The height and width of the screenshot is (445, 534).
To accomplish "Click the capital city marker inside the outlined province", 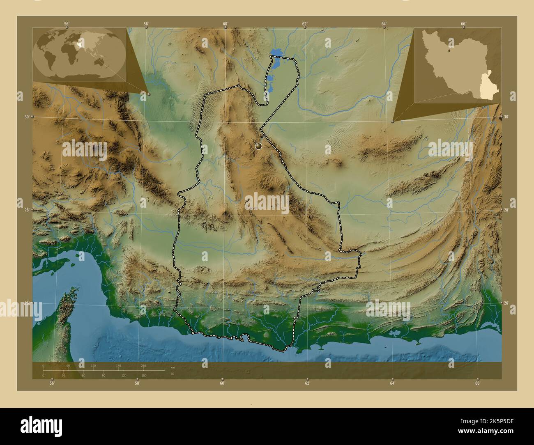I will [x=259, y=146].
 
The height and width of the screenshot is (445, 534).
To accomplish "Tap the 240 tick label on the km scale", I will [x=143, y=365].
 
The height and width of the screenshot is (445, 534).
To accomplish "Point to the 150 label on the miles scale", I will [x=144, y=376].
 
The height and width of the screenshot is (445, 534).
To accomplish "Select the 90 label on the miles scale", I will [x=104, y=376].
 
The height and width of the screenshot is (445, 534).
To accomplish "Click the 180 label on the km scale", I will [x=118, y=365].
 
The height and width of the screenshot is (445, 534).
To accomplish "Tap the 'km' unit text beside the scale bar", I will [x=167, y=367].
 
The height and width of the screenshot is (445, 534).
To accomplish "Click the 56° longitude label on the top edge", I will [x=66, y=24].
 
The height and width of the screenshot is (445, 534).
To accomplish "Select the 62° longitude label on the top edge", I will [x=305, y=24].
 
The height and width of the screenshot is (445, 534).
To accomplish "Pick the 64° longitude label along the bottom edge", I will [x=393, y=383].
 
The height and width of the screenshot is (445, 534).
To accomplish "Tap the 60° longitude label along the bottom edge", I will [x=222, y=383].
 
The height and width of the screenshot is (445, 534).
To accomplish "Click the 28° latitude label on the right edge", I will [x=506, y=210].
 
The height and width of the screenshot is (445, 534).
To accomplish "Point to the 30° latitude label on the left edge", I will [x=27, y=117].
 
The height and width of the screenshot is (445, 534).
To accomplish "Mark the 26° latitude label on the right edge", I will [x=506, y=303].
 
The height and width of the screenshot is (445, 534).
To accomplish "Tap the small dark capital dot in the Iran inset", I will [x=450, y=52].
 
